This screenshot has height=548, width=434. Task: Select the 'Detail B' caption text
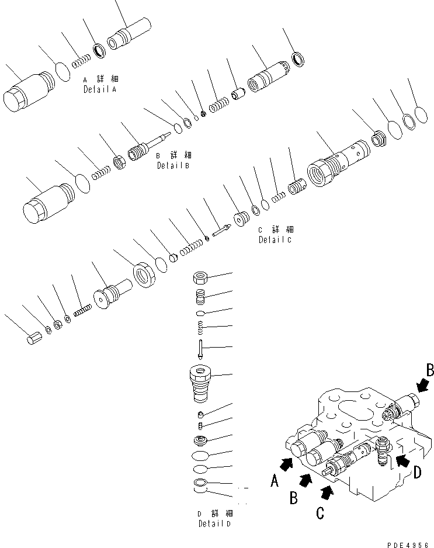click(x=173, y=165)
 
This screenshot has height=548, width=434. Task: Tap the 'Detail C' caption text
click(x=276, y=239)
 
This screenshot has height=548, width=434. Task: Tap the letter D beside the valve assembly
click(x=416, y=471)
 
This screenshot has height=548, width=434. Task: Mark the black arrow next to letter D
click(x=402, y=460)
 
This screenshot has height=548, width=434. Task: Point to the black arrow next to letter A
click(x=287, y=463)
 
